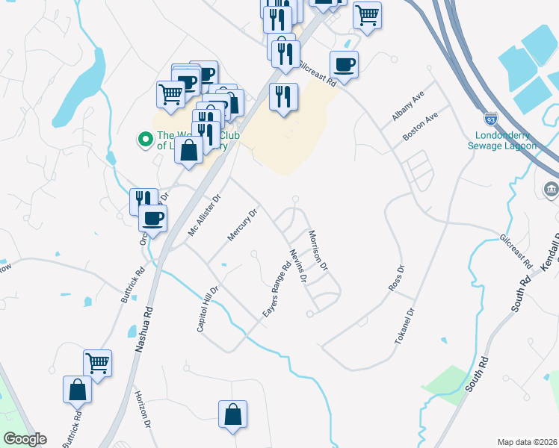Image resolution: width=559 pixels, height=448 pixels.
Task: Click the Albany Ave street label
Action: (x=407, y=107)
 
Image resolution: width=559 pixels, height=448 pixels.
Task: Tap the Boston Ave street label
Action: (x=419, y=127)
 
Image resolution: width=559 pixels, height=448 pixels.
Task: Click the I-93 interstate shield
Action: (x=490, y=119)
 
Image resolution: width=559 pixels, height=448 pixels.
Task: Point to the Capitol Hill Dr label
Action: (x=207, y=310)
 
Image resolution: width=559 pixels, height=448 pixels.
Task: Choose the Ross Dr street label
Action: (x=395, y=278)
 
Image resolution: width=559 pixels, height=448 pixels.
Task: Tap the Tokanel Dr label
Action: (x=404, y=326)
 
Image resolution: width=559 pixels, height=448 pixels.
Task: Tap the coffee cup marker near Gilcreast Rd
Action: (x=344, y=65)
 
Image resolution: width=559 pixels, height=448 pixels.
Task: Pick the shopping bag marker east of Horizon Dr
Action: (x=232, y=414)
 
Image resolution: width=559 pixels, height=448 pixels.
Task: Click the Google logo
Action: (x=25, y=439)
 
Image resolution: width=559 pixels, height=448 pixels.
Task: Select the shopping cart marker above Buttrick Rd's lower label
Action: (x=97, y=363)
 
